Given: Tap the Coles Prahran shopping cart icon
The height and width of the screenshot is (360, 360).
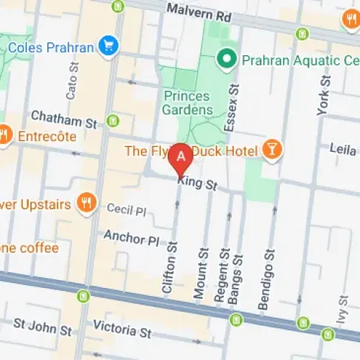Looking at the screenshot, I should tap(109, 45).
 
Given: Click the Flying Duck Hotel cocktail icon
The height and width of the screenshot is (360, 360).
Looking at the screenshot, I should tap(273, 150).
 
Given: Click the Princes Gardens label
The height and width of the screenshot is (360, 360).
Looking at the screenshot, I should tap(188, 103).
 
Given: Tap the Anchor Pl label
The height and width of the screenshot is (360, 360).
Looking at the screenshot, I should tap(130, 236).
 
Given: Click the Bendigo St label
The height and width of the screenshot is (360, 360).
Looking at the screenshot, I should tap(266, 279).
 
